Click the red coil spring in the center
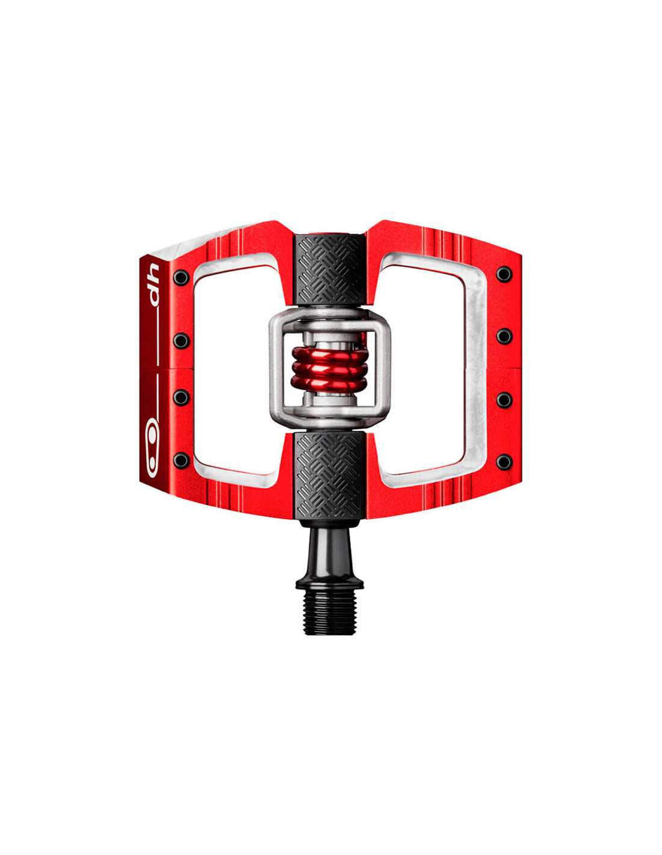pyautogui.click(x=330, y=367)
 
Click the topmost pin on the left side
pyautogui.click(x=181, y=277)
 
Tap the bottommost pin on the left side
pyautogui.click(x=181, y=460)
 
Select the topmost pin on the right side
pyautogui.click(x=504, y=274)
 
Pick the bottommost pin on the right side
pyautogui.click(x=504, y=462)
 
